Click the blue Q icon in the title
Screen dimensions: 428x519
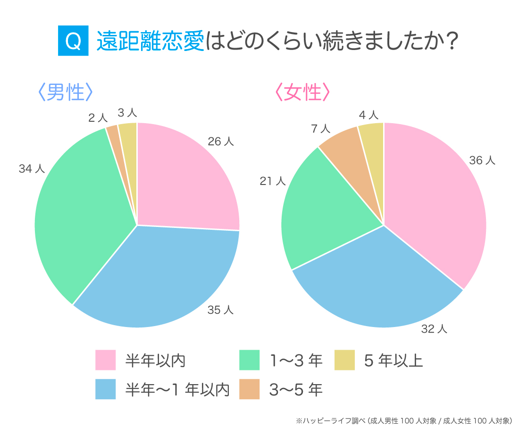point(73,42)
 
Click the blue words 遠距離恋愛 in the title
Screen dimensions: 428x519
point(151,42)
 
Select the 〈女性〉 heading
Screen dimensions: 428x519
point(302,92)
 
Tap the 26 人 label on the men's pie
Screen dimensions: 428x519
point(221,141)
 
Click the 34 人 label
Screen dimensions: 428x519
point(32,168)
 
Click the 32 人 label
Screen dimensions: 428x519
point(434,329)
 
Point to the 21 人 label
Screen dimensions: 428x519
point(273,181)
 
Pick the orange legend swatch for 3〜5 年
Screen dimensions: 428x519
point(249,389)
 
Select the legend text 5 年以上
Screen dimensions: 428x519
point(393,361)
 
